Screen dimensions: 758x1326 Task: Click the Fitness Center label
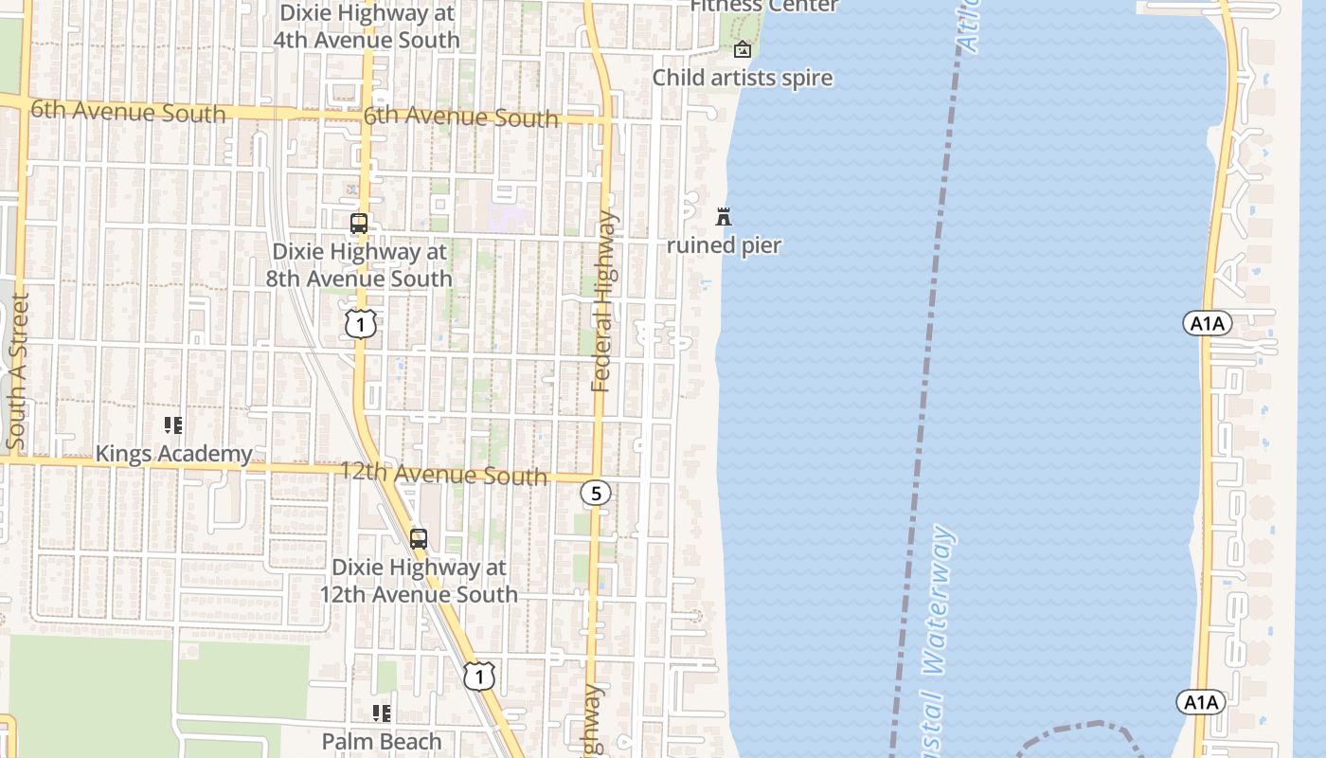point(763,6)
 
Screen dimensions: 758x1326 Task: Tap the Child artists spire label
point(743,78)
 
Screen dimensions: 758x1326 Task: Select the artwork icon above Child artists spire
point(743,49)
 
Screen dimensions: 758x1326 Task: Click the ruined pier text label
point(724,245)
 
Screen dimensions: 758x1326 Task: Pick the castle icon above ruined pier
point(724,217)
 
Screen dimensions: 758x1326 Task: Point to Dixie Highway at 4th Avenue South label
point(366,27)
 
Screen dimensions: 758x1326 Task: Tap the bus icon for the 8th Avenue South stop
point(359,224)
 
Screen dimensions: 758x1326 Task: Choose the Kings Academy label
point(173,454)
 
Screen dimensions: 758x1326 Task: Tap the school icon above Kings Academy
point(172,425)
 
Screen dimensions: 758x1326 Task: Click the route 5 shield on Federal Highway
point(596,493)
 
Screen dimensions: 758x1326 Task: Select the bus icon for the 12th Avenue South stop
point(419,539)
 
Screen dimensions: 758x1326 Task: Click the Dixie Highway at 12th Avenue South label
point(419,581)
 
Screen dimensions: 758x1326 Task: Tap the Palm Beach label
point(382,741)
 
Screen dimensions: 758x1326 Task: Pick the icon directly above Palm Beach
point(382,713)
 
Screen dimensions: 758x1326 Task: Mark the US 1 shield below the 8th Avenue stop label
point(360,324)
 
